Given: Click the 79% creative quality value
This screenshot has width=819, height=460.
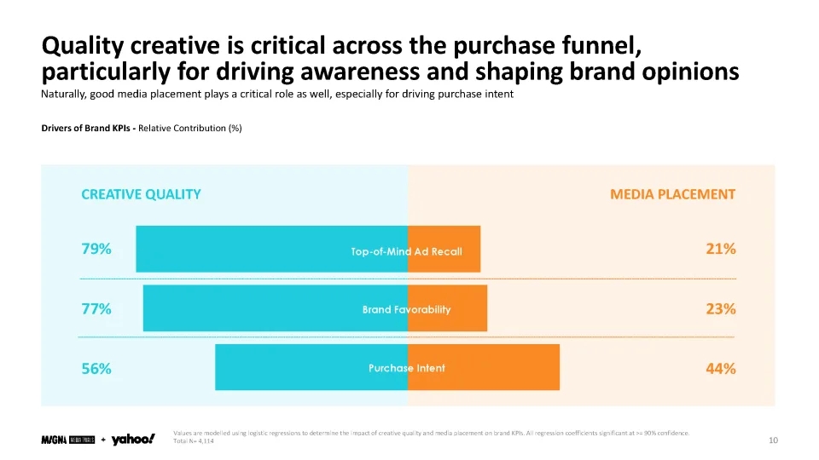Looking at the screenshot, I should tap(96, 250).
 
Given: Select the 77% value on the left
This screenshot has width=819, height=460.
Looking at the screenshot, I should tap(96, 309).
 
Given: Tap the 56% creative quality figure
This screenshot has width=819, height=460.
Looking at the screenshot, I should tap(96, 369).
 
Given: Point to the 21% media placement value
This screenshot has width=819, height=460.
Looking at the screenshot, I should tap(721, 250).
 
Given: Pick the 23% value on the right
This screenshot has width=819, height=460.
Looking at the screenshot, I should tap(721, 309).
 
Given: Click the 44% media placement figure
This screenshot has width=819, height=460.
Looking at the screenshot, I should tap(721, 369).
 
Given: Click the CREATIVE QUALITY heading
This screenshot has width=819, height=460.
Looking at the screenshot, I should tap(141, 194).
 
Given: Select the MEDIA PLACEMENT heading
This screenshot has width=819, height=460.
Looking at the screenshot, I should tap(672, 194).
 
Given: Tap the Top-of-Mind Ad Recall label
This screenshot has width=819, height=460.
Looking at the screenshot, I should tap(406, 252).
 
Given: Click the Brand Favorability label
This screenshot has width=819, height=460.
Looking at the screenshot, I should tap(406, 310).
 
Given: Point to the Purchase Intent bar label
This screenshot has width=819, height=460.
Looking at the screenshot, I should tap(406, 369).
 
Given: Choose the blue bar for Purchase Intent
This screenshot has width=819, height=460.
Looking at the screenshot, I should tap(290, 367).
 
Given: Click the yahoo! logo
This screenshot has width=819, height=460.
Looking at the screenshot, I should tap(133, 440).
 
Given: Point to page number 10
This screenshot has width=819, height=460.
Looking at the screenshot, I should tap(774, 440).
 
